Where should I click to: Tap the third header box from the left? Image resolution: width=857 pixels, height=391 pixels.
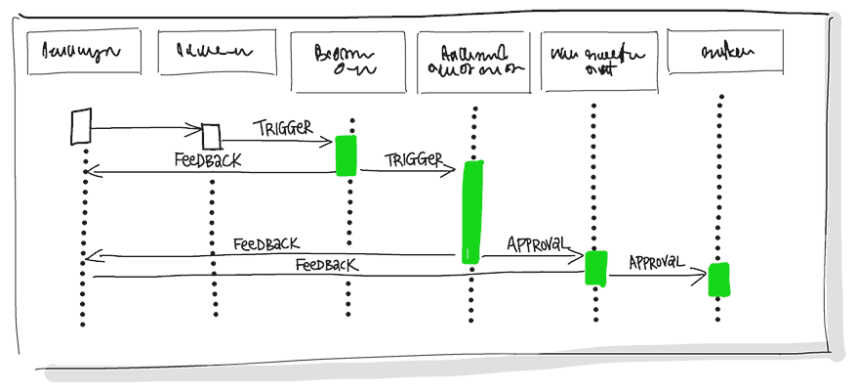(347, 62)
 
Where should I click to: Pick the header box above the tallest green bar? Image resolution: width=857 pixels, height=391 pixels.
(473, 62)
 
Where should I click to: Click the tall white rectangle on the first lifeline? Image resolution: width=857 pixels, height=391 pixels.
(82, 127)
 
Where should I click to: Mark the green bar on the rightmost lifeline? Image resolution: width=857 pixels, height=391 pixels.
(719, 280)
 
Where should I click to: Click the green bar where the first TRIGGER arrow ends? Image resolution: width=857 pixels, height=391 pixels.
(347, 156)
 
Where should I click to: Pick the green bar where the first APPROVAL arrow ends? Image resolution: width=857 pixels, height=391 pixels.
(595, 268)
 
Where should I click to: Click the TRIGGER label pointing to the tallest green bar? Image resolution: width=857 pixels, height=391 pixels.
(414, 159)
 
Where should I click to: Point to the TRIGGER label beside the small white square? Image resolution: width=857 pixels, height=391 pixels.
(283, 128)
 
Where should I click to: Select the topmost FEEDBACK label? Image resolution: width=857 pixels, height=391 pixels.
(208, 160)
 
